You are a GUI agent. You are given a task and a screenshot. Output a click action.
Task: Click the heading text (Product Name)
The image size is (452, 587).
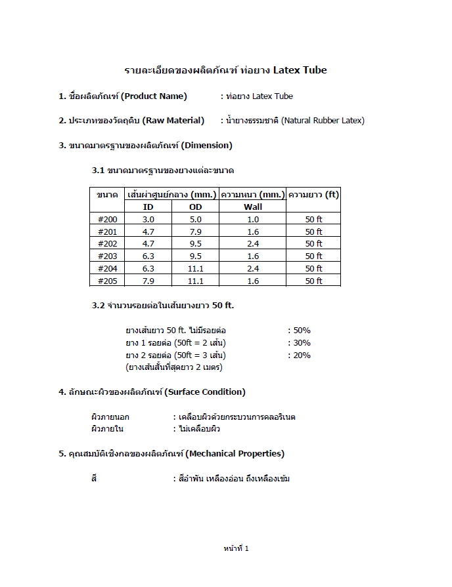tap(154, 96)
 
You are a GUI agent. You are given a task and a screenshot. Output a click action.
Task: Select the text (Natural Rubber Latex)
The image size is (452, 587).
tap(323, 121)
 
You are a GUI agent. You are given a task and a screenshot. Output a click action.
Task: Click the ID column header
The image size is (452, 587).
tap(148, 207)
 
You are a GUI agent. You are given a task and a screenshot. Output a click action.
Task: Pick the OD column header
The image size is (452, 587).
tap(196, 207)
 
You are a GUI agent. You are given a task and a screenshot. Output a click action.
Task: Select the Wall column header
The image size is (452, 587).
tap(253, 207)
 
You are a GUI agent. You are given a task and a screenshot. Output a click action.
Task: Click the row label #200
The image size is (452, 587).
tap(107, 220)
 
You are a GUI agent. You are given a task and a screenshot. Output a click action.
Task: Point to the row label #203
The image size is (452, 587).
tap(107, 256)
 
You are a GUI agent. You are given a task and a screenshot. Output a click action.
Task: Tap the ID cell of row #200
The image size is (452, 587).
tap(148, 220)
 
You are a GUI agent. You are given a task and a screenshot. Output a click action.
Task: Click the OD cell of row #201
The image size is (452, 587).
tap(196, 232)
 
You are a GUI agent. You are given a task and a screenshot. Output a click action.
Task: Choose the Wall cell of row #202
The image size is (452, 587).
tap(253, 244)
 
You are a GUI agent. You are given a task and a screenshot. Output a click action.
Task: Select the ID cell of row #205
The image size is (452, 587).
tap(148, 281)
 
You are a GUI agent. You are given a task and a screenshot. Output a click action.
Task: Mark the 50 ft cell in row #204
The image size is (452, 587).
tap(313, 269)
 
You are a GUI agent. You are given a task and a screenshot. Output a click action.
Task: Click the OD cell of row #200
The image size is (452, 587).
tap(196, 220)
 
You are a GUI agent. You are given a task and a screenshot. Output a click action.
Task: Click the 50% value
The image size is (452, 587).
tap(302, 331)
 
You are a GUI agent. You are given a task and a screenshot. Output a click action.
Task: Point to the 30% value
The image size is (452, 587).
tap(302, 343)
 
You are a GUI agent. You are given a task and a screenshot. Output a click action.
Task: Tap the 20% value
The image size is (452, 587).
tap(302, 355)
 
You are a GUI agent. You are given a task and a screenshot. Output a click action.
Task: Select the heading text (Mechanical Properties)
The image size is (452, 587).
tap(235, 454)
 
